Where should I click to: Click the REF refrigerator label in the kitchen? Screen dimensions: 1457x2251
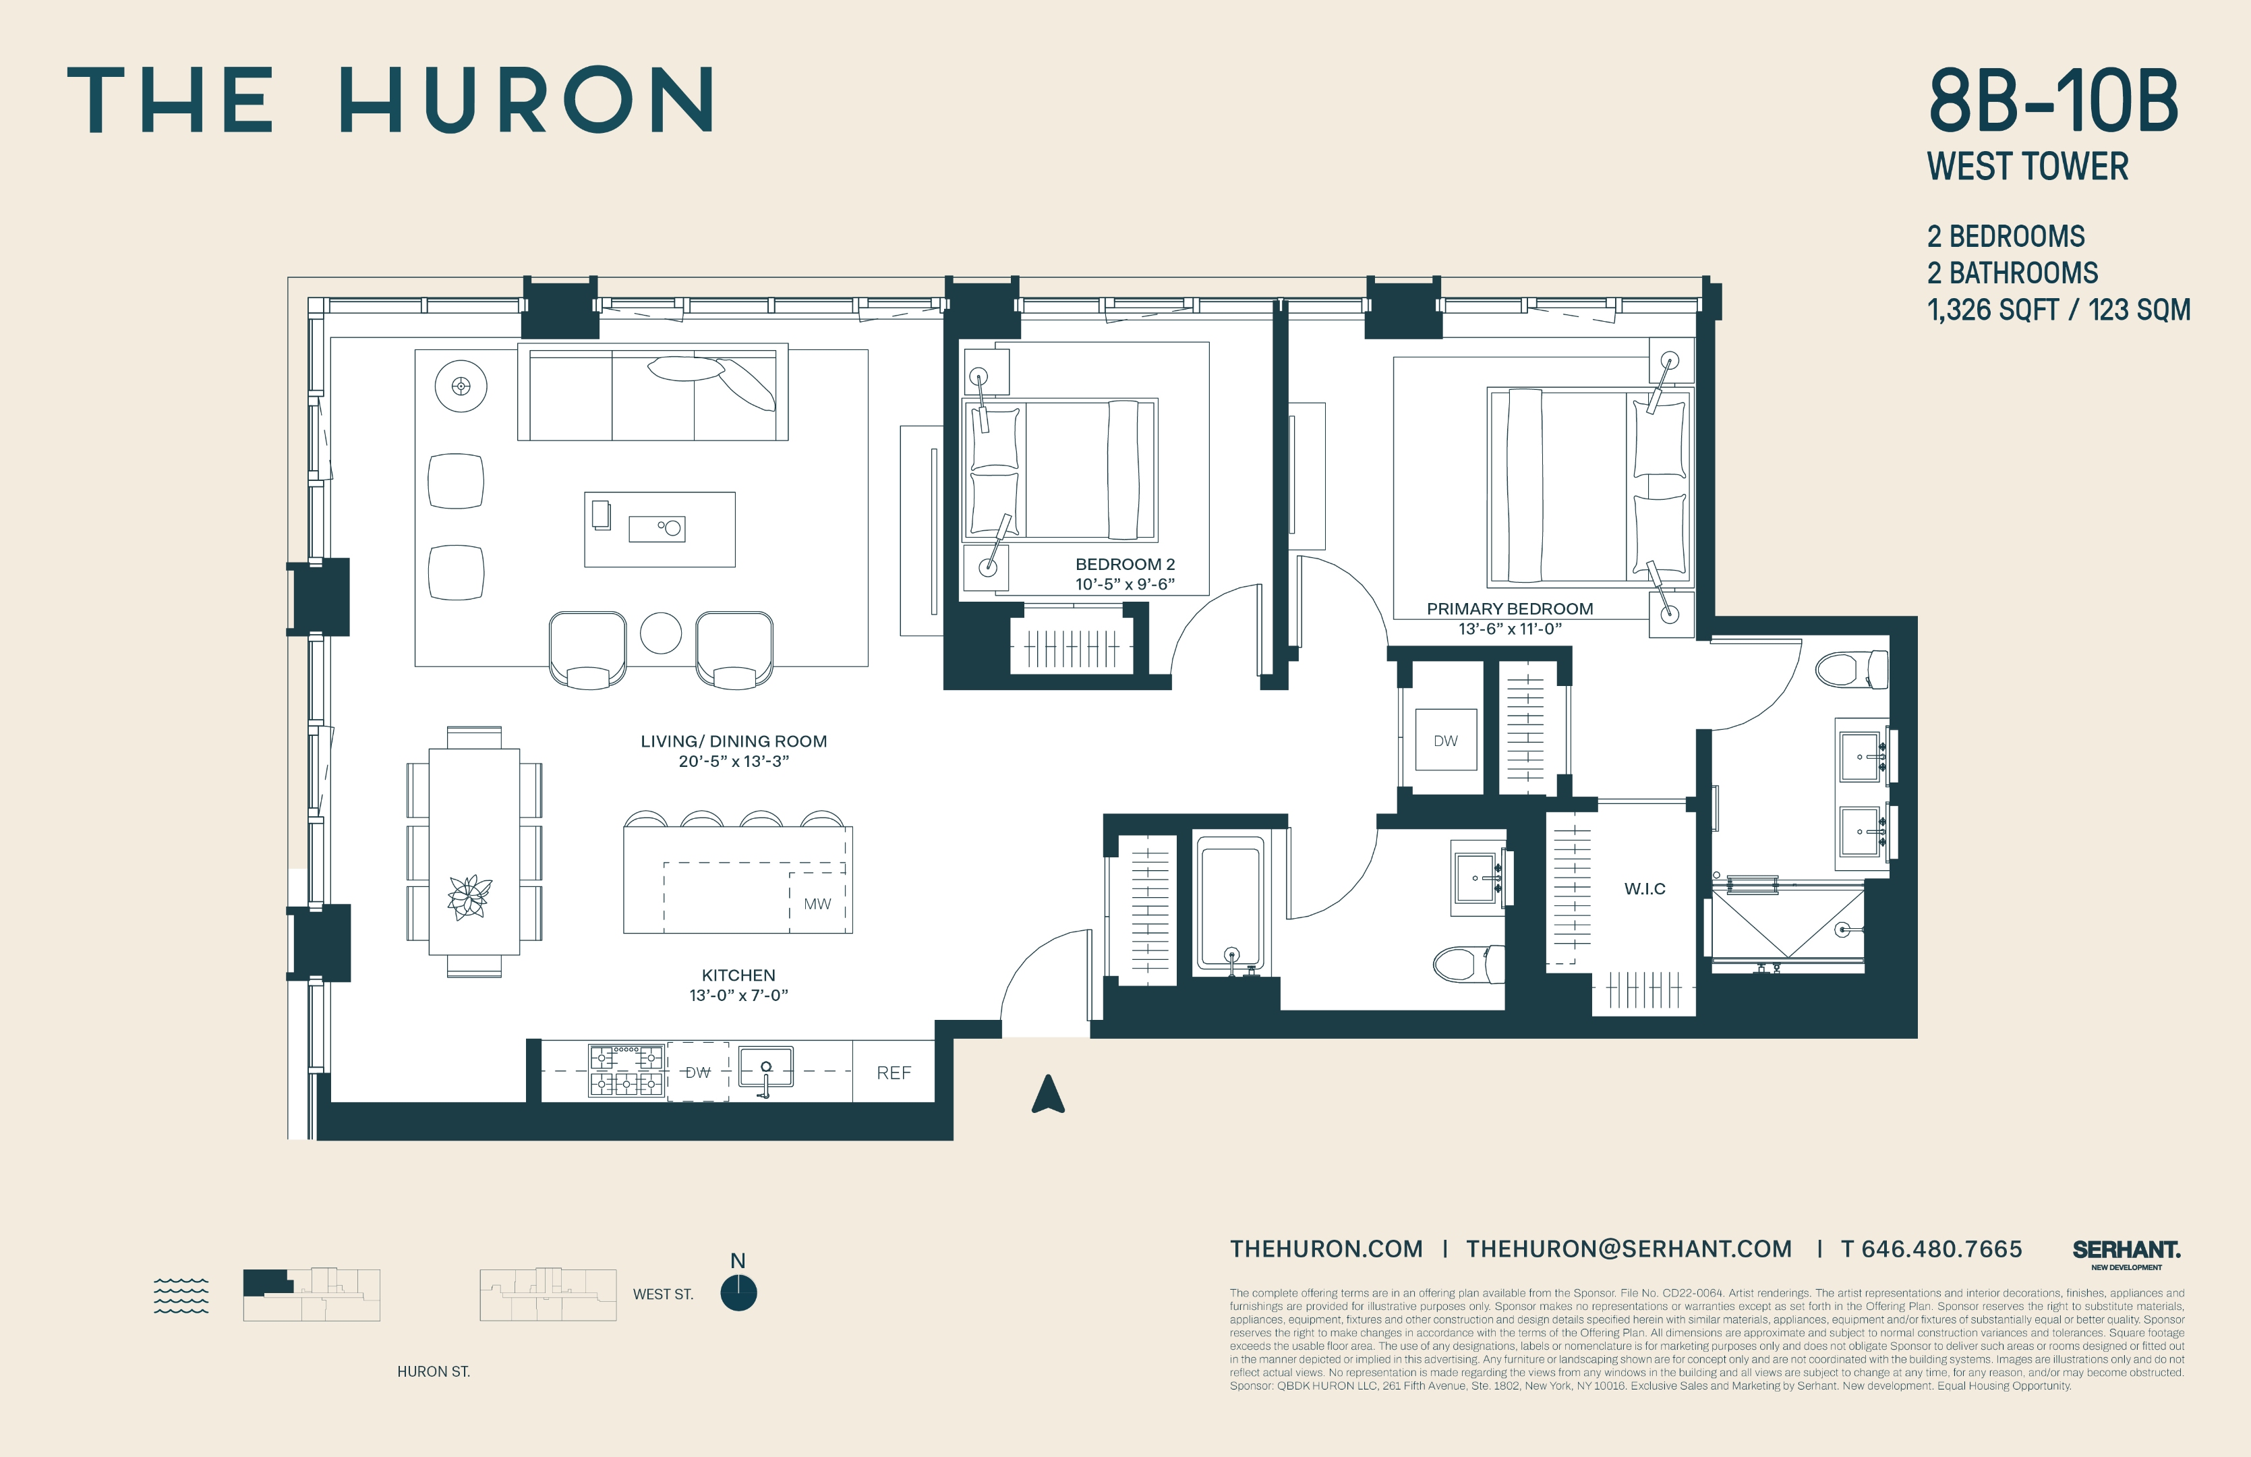point(893,1073)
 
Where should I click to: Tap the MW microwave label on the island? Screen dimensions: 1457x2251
point(817,905)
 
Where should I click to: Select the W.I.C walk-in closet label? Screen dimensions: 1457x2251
point(1645,888)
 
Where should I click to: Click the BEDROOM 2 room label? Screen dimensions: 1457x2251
point(1125,565)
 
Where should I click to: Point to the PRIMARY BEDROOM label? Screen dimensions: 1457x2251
point(1509,609)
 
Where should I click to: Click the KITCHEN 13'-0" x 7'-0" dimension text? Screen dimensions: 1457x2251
point(738,996)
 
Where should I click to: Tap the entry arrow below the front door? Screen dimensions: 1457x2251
point(1048,1095)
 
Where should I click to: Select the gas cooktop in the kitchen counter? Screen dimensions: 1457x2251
point(626,1071)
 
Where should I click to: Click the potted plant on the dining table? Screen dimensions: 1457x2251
point(469,897)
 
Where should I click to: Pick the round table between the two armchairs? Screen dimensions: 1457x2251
point(660,633)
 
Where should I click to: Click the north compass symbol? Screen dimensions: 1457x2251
point(738,1292)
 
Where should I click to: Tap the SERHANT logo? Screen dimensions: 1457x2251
point(2126,1250)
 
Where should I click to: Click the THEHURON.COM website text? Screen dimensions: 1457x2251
point(1326,1249)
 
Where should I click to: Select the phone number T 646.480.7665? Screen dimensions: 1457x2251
point(1931,1249)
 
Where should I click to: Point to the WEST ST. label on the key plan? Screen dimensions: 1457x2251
point(663,1294)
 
